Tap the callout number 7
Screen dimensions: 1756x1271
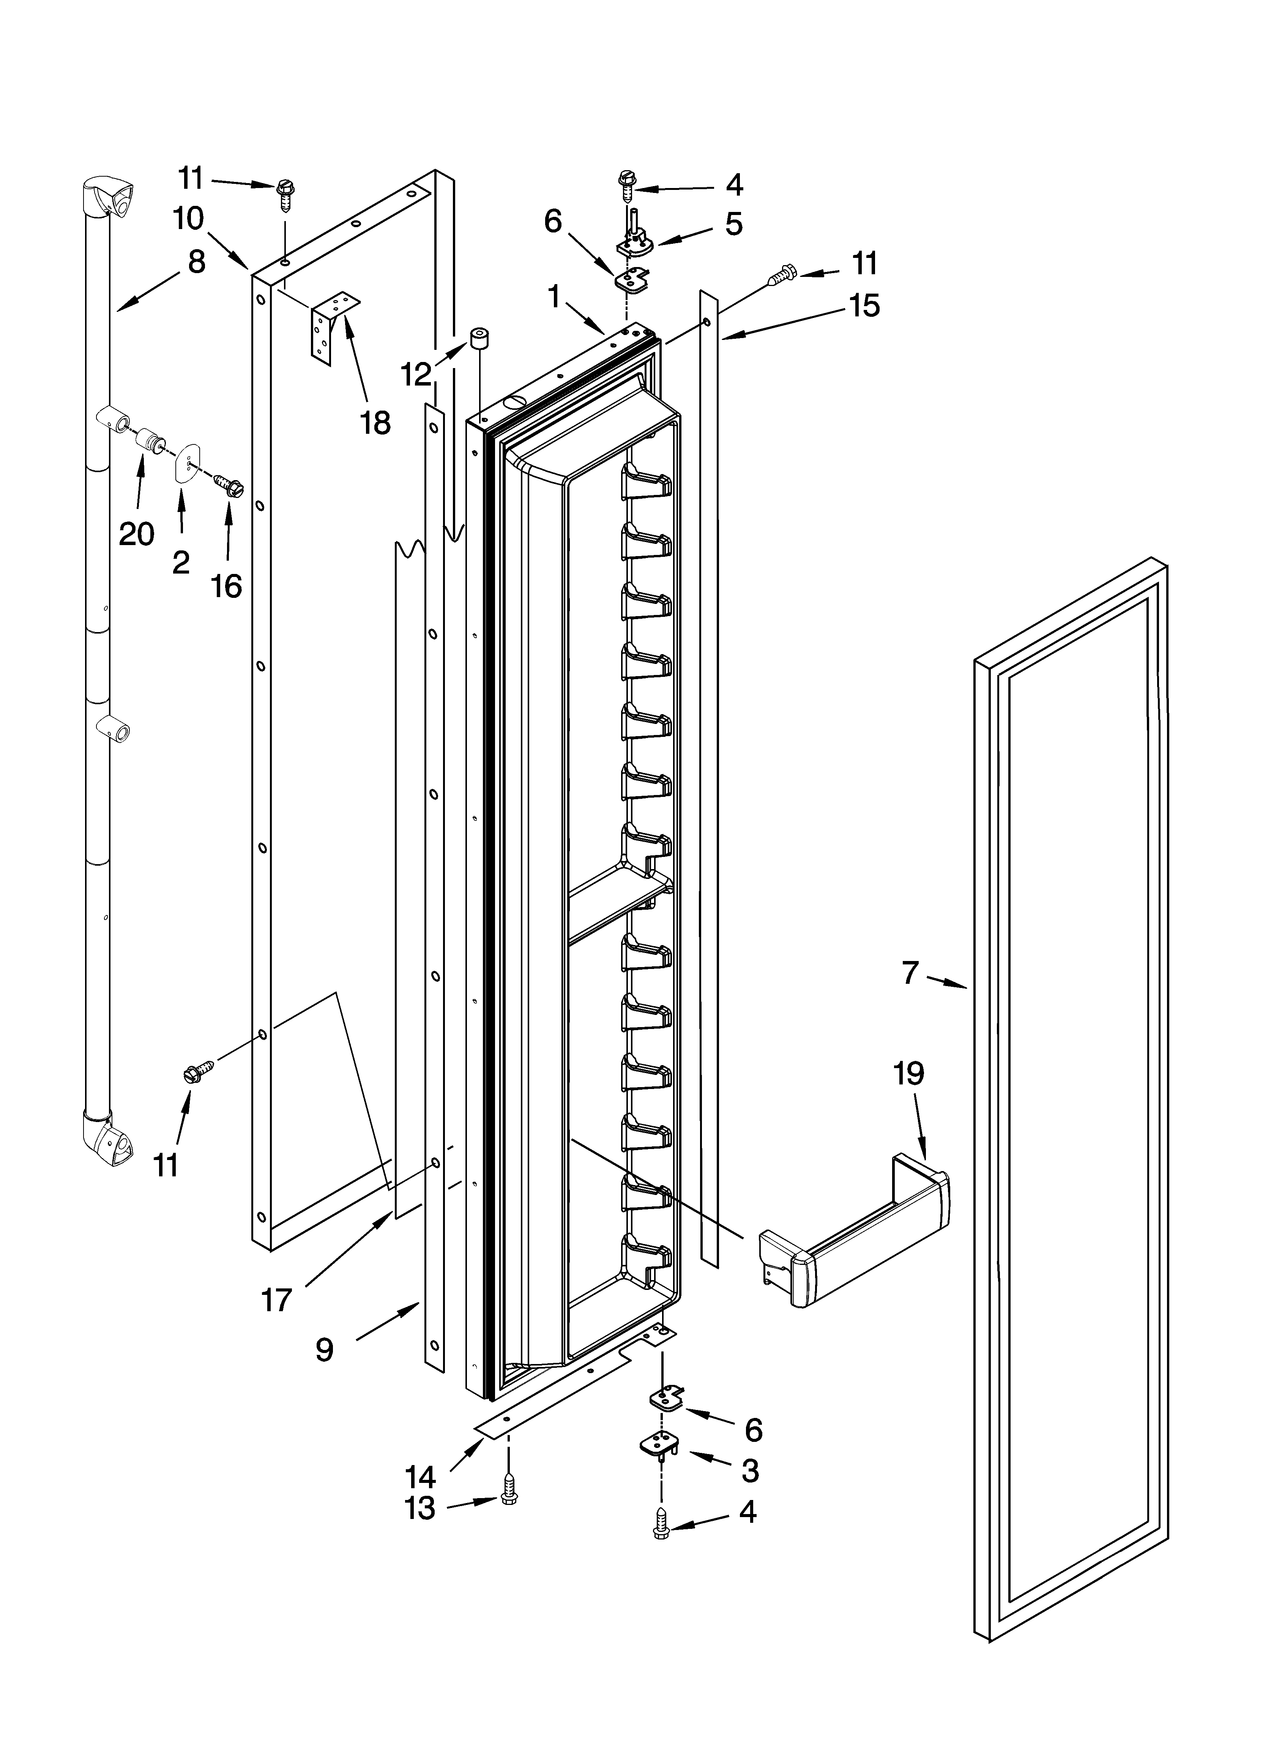[x=910, y=972]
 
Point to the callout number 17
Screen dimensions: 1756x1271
[x=276, y=1300]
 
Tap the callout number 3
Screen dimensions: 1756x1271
[x=749, y=1470]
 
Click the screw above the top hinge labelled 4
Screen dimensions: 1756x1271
[x=625, y=186]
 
